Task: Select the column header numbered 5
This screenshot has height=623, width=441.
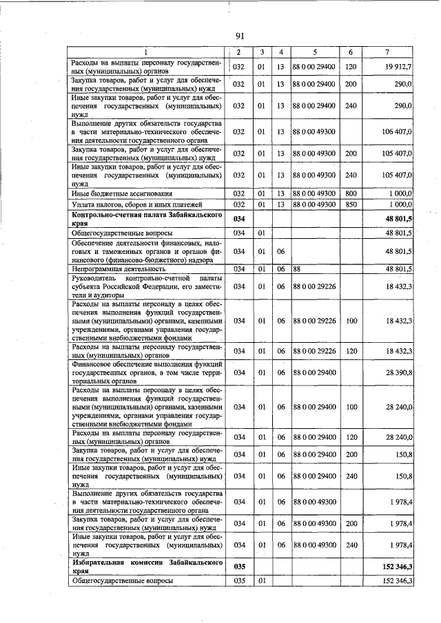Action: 314,52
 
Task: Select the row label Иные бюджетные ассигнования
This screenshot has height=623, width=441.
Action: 121,193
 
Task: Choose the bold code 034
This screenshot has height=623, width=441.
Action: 239,220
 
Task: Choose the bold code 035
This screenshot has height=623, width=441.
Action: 239,567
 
